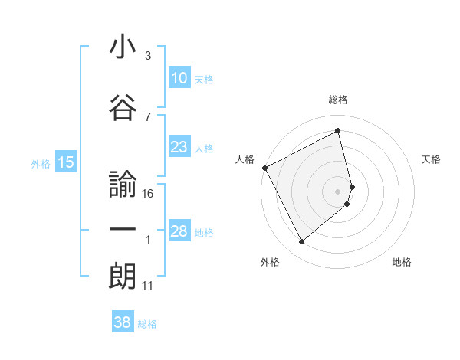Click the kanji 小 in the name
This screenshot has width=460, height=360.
[x=123, y=47]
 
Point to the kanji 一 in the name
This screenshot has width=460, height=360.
[x=123, y=231]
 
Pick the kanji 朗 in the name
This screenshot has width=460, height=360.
[x=123, y=277]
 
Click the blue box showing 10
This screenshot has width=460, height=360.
[x=179, y=78]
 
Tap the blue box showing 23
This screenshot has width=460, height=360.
[x=179, y=147]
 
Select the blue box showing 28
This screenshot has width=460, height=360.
[x=179, y=231]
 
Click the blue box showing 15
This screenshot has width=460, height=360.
[x=65, y=162]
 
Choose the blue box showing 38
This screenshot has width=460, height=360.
[x=123, y=323]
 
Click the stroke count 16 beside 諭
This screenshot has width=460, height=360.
[x=149, y=194]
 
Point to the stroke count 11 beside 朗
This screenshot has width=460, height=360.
[x=148, y=286]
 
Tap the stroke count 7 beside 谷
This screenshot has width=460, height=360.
[x=148, y=116]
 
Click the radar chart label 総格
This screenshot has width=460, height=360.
[x=338, y=100]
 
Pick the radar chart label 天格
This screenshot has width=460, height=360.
[x=432, y=159]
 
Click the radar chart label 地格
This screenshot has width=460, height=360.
[x=402, y=263]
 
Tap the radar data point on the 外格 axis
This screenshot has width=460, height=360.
[x=301, y=242]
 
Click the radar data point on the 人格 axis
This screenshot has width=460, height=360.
[x=264, y=168]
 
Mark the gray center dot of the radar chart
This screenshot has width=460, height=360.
[x=338, y=191]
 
